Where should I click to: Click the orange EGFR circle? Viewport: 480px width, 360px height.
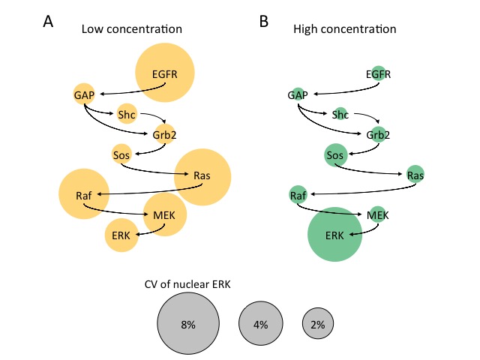(x=165, y=73)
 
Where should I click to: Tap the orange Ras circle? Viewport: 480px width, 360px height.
(x=202, y=176)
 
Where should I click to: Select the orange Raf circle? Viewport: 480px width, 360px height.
(x=84, y=195)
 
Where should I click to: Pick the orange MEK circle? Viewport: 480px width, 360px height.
(x=164, y=214)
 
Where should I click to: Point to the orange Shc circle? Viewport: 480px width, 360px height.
(x=127, y=114)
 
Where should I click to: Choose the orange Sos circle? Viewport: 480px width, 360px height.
(x=121, y=154)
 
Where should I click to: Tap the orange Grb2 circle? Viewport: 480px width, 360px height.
(x=164, y=135)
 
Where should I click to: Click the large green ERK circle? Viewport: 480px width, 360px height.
(x=335, y=235)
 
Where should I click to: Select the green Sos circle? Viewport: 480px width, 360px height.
(x=335, y=155)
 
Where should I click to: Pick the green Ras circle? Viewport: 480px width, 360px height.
(x=415, y=175)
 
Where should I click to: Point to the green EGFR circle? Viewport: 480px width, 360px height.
(x=379, y=73)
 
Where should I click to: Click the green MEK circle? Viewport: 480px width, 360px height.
(x=378, y=214)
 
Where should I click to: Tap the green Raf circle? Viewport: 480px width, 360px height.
(x=298, y=195)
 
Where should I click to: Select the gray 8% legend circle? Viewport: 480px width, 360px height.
(x=187, y=323)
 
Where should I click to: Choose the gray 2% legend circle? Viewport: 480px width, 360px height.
(x=319, y=324)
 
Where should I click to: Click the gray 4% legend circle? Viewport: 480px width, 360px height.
(x=260, y=324)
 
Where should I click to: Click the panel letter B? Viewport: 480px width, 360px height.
(x=264, y=22)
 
